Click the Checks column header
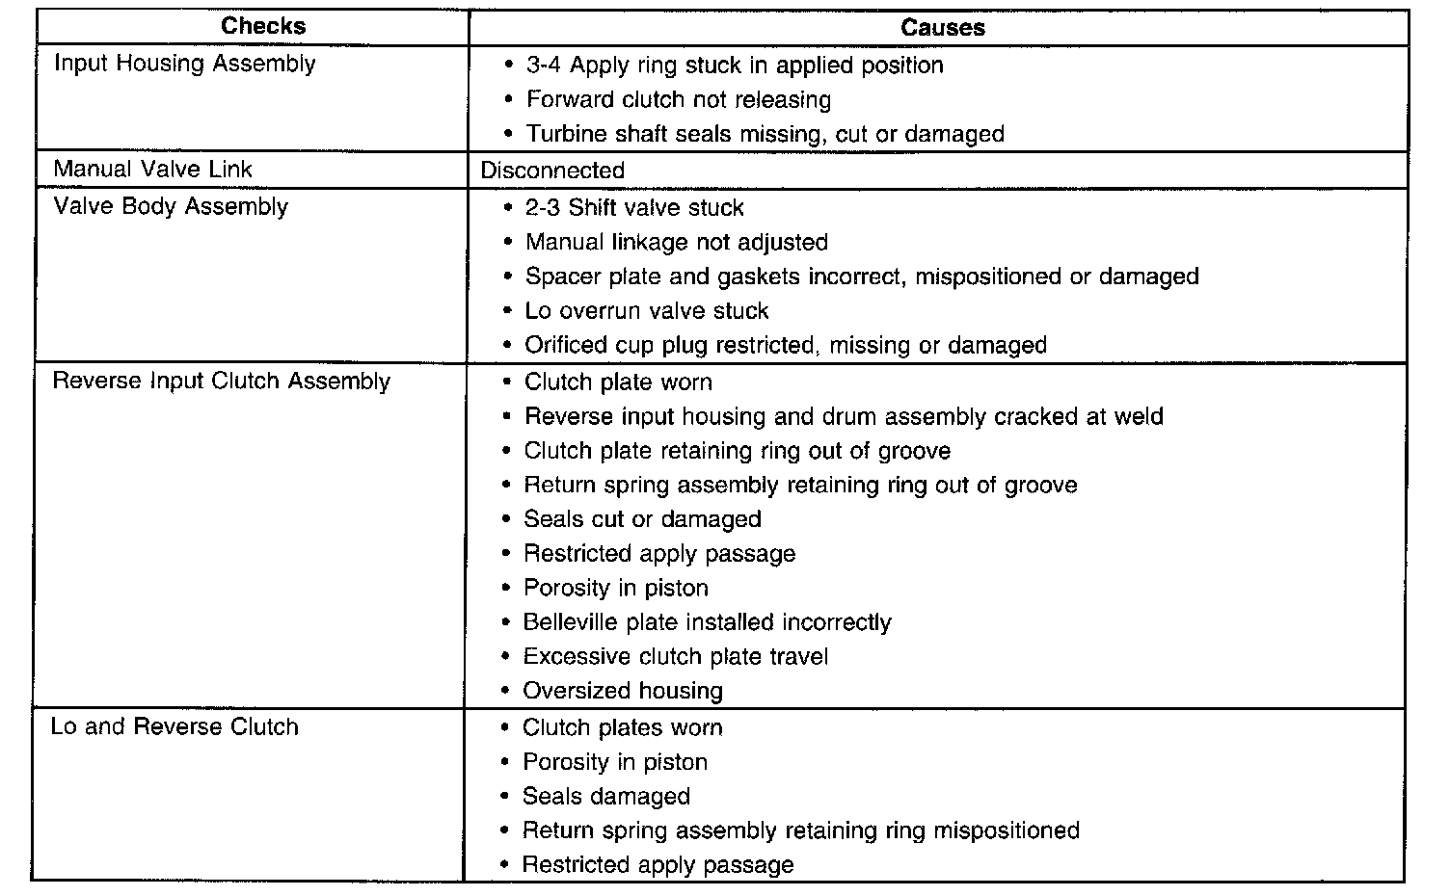click(x=263, y=26)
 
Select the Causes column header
click(x=942, y=28)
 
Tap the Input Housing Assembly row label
click(x=184, y=64)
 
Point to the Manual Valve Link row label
click(x=152, y=170)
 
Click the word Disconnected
click(x=552, y=171)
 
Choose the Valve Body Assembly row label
click(x=171, y=207)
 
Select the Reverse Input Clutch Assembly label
click(x=221, y=381)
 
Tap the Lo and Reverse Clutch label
click(x=175, y=726)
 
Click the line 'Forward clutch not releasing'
click(x=678, y=99)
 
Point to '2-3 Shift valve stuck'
click(x=634, y=207)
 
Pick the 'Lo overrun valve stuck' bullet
click(x=646, y=311)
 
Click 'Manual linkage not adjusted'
click(x=676, y=242)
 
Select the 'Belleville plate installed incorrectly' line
click(x=707, y=622)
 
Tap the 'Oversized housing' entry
click(x=622, y=691)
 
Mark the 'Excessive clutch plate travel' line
click(x=675, y=657)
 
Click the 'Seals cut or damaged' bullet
click(x=642, y=519)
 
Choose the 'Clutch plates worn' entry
click(x=622, y=727)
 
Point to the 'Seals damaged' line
click(x=605, y=797)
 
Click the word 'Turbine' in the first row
click(x=562, y=134)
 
